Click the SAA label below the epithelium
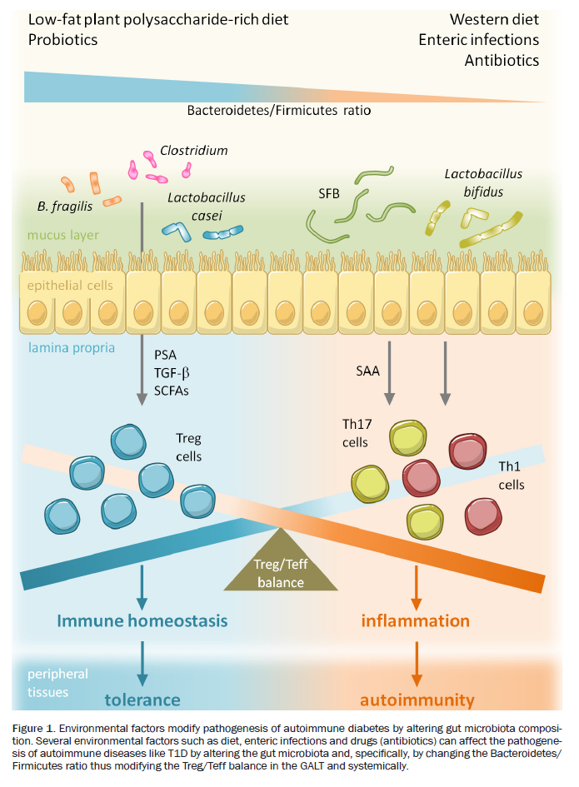tap(367, 371)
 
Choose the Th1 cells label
tap(512, 475)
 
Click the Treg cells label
tap(188, 446)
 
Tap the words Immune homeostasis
tap(142, 620)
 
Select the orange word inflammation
tap(416, 620)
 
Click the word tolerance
tap(142, 699)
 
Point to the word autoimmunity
tap(417, 699)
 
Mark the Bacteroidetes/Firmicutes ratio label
tap(278, 110)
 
